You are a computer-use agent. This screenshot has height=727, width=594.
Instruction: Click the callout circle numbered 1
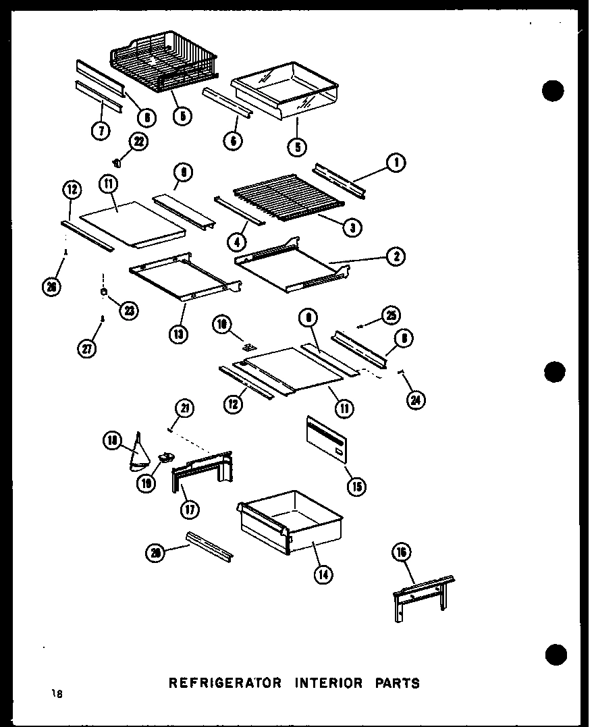396,161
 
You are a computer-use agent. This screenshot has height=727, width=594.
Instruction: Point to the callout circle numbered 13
179,333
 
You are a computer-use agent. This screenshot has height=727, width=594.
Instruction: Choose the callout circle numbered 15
357,487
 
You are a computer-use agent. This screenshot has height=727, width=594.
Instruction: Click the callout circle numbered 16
402,552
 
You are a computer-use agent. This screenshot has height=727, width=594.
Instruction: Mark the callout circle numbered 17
190,510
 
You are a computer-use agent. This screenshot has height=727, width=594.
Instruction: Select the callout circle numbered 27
88,348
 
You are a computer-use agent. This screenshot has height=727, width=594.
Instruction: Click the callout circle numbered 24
417,401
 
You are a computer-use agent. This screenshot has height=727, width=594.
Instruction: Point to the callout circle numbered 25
391,315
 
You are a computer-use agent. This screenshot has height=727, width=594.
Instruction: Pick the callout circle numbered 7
101,130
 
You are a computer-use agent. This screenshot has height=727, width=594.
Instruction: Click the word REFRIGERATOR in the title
225,682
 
